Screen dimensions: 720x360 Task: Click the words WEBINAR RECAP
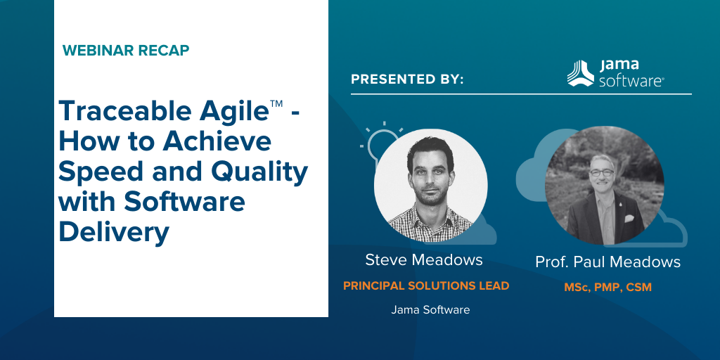click(126, 50)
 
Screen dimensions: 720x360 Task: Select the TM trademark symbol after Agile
click(276, 104)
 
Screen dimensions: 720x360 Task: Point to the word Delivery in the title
click(114, 232)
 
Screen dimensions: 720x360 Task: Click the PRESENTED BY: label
click(407, 79)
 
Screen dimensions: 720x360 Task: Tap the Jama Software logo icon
click(580, 73)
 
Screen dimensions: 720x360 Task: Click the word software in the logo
click(631, 82)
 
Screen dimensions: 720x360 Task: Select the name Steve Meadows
click(424, 260)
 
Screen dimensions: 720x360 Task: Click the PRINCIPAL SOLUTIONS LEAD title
click(426, 285)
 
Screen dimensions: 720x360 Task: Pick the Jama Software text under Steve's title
click(430, 310)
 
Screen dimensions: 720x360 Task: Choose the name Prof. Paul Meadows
click(608, 262)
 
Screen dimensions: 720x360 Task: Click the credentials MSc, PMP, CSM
click(608, 288)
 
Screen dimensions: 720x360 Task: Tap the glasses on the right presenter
click(601, 173)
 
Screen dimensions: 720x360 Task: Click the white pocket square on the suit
click(629, 219)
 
